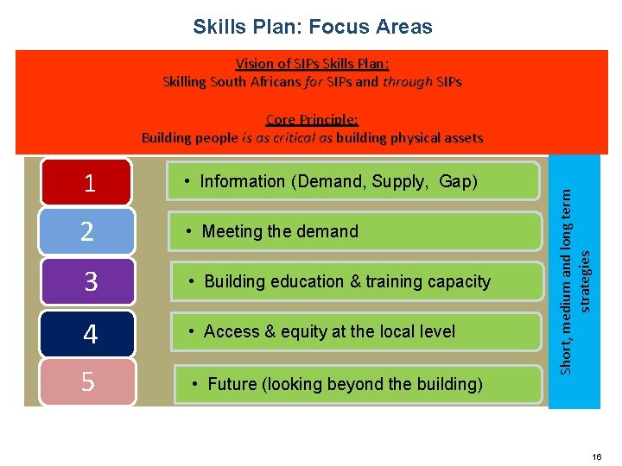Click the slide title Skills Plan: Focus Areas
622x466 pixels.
tap(312, 27)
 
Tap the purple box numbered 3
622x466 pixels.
tap(90, 282)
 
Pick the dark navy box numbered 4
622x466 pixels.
tap(90, 332)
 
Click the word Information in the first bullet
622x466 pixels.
tap(242, 182)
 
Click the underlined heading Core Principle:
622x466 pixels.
tap(312, 120)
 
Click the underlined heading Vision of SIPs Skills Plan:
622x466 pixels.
tap(312, 64)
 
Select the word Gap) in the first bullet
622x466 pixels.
tap(458, 182)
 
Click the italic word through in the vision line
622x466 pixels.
tap(407, 83)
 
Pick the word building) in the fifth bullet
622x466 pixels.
tap(445, 384)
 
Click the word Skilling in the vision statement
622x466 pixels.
tap(187, 83)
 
